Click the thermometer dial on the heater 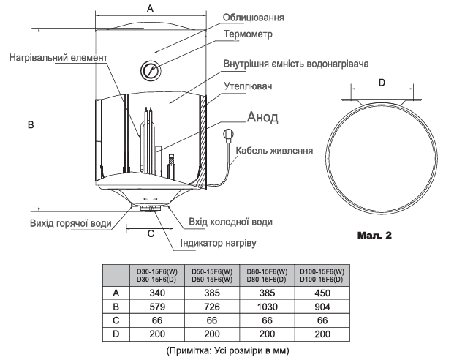[x=151, y=70]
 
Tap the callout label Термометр [x=248, y=34]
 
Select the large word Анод [x=262, y=117]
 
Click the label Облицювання [x=254, y=18]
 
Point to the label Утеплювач [x=248, y=86]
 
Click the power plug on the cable [x=228, y=136]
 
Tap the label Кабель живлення [x=274, y=151]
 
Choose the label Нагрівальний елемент [x=58, y=57]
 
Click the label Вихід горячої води [x=71, y=223]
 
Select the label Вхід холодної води [x=231, y=222]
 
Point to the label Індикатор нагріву [x=218, y=243]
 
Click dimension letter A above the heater [x=150, y=8]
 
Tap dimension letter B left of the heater [x=31, y=124]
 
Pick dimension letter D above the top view [x=382, y=83]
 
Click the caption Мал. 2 [x=374, y=235]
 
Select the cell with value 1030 [x=268, y=307]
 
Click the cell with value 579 [x=157, y=307]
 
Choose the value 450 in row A [x=322, y=293]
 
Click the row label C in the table [x=116, y=320]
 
